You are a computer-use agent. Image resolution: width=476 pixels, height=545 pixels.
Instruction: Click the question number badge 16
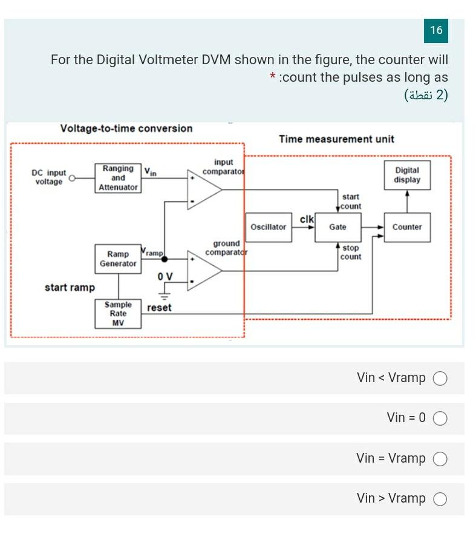coord(436,30)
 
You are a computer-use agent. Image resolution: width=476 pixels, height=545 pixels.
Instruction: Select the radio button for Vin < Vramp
coord(440,378)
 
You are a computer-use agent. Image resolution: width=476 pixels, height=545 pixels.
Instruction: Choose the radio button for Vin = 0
coord(440,418)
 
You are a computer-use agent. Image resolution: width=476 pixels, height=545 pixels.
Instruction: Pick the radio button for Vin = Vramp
coord(440,459)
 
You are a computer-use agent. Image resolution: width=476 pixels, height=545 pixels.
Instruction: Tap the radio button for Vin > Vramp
coord(440,499)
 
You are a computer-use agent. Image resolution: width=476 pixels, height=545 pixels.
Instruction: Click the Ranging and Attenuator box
coord(119,178)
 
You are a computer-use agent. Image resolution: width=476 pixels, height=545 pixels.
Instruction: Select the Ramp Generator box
coord(118,259)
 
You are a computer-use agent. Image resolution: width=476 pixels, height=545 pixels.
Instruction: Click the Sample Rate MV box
coord(118,314)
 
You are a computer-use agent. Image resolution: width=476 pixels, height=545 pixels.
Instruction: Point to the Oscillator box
coord(268,227)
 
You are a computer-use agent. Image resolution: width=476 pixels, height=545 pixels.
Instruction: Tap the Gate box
coord(337,227)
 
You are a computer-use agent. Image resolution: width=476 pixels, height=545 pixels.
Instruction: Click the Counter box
coord(407,227)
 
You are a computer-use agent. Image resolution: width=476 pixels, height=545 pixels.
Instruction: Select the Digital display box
coord(407,176)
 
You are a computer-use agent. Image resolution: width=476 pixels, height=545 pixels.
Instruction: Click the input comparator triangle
coord(203,190)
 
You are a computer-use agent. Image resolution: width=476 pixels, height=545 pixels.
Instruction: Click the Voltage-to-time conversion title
coord(126,128)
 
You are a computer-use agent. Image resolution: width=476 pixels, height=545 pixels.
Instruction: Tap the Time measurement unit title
coord(336,139)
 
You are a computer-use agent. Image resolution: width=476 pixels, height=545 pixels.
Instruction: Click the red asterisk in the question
coord(273,77)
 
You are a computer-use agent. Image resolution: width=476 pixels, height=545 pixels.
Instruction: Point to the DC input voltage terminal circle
coord(73,179)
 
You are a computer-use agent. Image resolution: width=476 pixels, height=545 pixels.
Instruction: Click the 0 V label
coord(165,277)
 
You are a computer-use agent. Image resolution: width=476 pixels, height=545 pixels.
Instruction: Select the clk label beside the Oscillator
coord(307,219)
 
